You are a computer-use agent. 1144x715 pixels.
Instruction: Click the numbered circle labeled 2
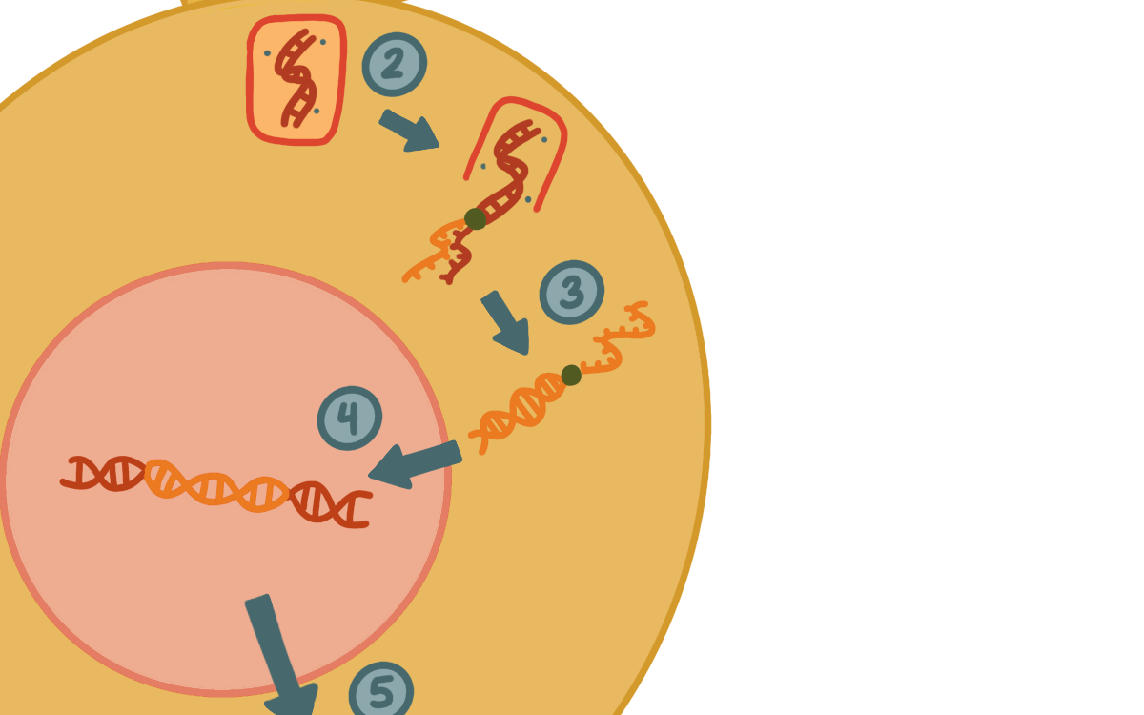395,65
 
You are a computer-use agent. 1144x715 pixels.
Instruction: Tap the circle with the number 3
571,292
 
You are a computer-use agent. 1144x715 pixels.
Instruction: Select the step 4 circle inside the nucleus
349,418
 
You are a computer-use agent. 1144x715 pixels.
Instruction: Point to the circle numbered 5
381,690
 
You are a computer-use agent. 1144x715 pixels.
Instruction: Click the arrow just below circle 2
409,131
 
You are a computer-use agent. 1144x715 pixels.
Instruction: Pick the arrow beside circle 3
505,323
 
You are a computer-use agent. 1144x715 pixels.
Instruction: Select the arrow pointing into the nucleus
415,465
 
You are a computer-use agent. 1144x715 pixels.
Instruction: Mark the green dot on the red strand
475,218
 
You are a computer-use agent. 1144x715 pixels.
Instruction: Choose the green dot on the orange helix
571,376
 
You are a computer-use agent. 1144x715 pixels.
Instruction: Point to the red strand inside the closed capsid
296,77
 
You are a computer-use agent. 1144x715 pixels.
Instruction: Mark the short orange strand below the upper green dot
430,252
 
